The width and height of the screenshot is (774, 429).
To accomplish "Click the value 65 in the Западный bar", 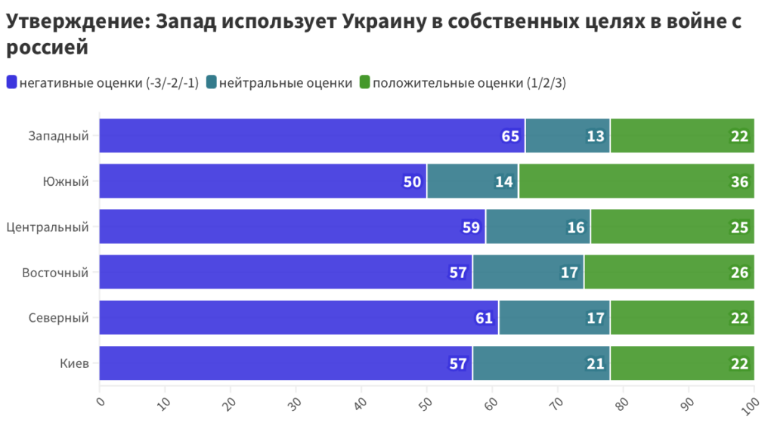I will tap(510, 136).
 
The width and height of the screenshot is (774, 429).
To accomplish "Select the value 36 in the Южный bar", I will tap(739, 181).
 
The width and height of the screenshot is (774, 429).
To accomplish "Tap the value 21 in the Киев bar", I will tap(596, 363).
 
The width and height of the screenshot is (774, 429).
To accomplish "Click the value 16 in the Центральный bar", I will tap(576, 227).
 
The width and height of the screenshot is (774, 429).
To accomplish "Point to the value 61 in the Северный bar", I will tap(484, 318).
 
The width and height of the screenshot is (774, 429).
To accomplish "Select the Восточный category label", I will tap(55, 273).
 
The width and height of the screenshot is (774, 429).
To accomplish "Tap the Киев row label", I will tap(74, 363).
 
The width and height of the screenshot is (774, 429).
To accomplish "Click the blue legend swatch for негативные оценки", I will tap(11, 83).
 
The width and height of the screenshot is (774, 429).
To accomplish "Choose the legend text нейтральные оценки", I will tap(286, 83).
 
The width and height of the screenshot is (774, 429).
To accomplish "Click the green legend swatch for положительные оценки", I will tap(364, 83).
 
